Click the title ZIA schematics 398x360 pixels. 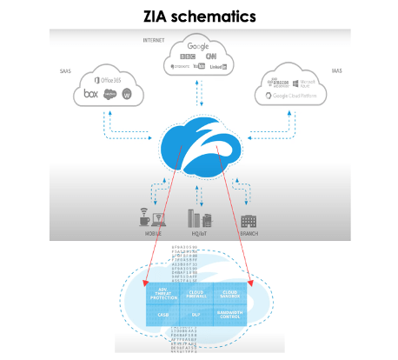tap(199, 15)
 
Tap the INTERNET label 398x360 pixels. tap(154, 40)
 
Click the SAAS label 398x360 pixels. tap(66, 72)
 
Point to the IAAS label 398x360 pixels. tap(337, 72)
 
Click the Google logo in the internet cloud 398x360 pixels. tap(198, 46)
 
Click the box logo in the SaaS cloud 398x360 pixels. tap(90, 92)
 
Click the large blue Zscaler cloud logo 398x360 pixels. tap(199, 144)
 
